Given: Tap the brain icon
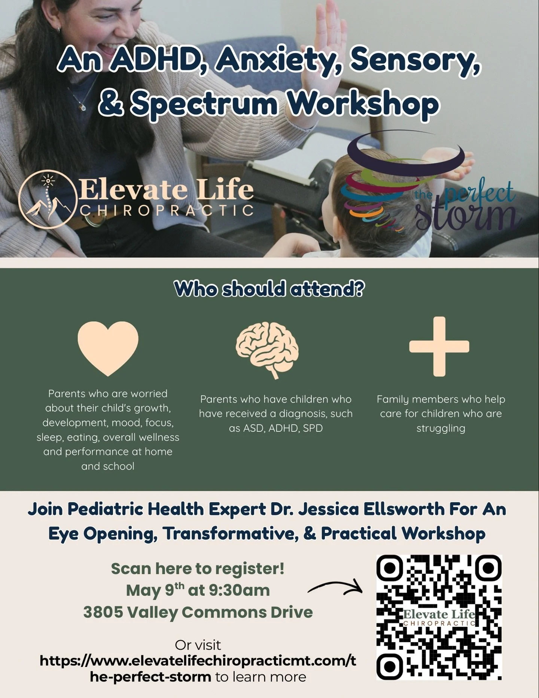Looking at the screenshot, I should click(267, 350).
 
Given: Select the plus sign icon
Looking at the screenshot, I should click(439, 346).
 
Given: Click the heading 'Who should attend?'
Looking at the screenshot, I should click(269, 289).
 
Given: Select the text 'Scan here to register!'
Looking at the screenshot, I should click(198, 568).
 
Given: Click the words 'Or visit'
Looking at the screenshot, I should click(198, 645).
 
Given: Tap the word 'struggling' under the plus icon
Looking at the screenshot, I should click(441, 428).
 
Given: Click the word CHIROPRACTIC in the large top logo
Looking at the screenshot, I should click(167, 210).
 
